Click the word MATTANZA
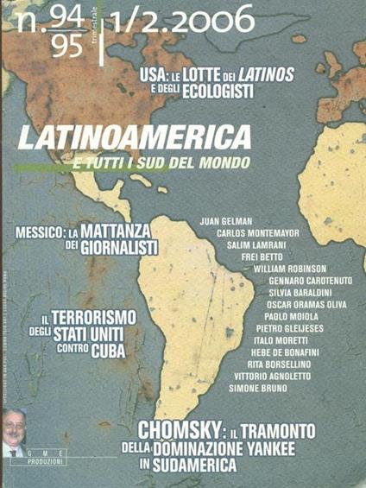coord(122,231)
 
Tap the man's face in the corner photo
coord(15,426)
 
